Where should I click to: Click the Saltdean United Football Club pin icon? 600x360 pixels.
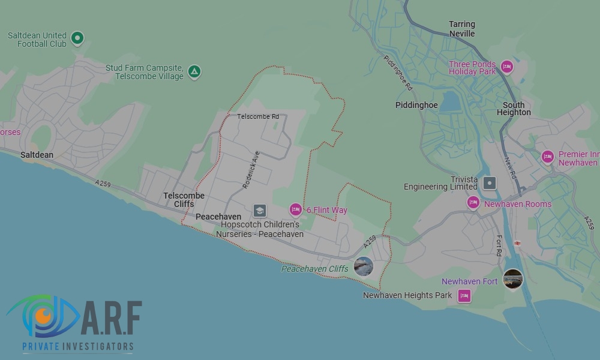point(77,38)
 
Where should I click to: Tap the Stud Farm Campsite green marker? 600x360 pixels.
point(194,71)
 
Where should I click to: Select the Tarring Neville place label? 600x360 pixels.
point(462,29)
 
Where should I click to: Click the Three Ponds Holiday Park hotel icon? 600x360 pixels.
point(507,67)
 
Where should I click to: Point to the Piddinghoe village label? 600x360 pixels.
point(416,105)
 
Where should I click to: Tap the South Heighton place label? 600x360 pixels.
point(514,109)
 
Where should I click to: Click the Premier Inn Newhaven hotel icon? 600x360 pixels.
point(547,157)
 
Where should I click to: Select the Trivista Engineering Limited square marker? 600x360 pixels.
point(490,183)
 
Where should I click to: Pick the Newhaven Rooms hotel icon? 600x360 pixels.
point(473,203)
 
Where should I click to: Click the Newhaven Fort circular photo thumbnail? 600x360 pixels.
point(512,279)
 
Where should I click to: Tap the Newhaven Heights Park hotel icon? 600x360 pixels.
point(464,295)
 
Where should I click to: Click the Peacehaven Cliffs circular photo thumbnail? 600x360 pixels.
point(364,266)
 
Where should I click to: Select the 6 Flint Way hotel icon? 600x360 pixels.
point(295,209)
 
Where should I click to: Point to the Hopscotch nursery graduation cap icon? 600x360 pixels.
point(259,210)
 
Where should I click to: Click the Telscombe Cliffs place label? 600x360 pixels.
point(184,200)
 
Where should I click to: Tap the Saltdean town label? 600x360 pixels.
point(37,155)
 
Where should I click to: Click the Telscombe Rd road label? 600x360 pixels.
point(258,116)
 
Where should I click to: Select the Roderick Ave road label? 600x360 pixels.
point(251,170)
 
